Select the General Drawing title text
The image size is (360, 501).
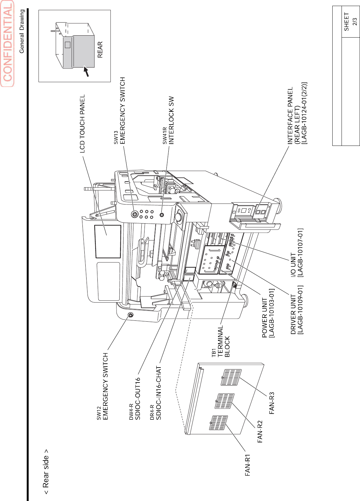point(22,31)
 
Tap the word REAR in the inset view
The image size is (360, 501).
point(100,50)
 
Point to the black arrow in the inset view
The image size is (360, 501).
point(86,71)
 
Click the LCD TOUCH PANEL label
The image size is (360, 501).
point(82,124)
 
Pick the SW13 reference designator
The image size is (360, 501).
point(116,138)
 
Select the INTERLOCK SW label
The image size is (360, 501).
point(172,120)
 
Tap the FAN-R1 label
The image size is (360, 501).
point(248,465)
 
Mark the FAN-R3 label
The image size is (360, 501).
point(272,403)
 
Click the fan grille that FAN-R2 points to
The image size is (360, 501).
point(224,401)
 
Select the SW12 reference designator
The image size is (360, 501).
point(99,413)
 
